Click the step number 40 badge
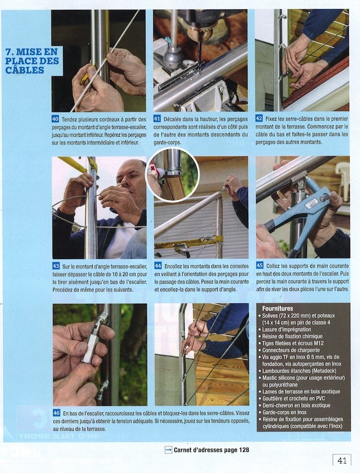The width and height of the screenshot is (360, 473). coord(55,119)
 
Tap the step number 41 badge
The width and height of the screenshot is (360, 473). coord(157,119)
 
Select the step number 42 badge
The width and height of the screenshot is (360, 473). coord(259,118)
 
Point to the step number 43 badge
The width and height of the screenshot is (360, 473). coord(56,266)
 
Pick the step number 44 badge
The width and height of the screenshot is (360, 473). coord(158,266)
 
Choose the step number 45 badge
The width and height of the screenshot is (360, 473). coord(260,265)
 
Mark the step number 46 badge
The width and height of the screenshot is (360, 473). coord(57,413)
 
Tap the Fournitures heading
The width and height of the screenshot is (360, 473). coord(278,308)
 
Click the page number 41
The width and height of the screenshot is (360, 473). coord(342,461)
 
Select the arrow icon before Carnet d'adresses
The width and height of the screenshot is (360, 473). coord(168,450)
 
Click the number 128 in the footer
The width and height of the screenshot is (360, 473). coord(244,450)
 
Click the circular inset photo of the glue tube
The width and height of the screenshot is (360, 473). coord(172,175)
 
